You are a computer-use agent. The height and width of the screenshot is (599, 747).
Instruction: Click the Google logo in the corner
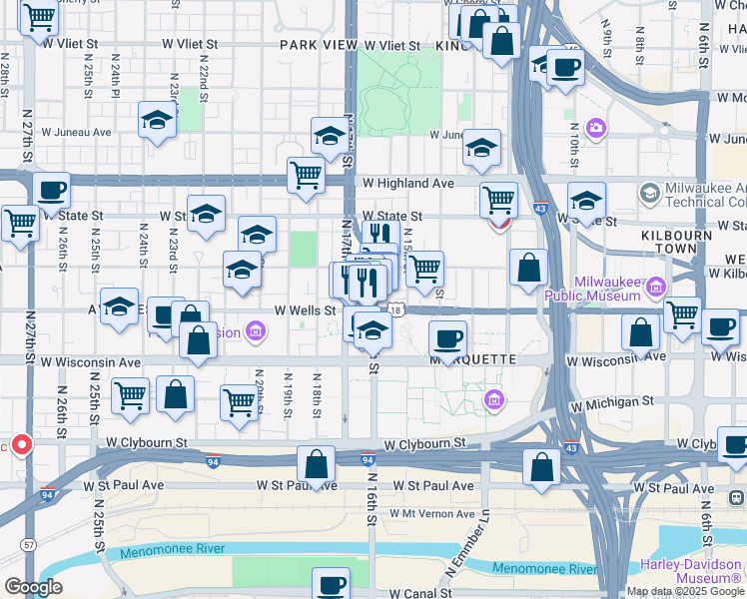[x=33, y=587]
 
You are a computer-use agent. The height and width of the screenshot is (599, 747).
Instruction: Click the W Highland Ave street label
[x=407, y=184]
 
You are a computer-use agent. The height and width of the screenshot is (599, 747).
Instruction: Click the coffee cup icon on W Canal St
[x=331, y=584]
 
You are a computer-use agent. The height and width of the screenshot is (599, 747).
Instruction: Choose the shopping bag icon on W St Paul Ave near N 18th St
[x=316, y=464]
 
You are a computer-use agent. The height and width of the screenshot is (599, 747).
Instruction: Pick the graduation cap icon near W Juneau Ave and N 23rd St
[x=157, y=120]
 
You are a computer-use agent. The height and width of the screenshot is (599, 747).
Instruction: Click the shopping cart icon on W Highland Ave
[x=306, y=174]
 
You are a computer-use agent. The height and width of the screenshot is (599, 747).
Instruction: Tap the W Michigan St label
[x=611, y=401]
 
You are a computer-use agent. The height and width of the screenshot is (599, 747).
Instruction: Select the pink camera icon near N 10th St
[x=596, y=127]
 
